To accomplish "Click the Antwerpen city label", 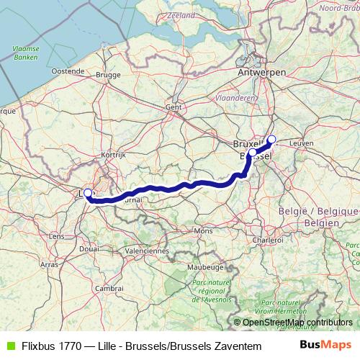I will coord(262,73).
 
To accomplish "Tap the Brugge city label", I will coord(107,74).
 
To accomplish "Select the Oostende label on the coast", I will coord(69,71).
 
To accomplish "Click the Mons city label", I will coord(203,230).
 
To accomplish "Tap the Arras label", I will coord(50,265).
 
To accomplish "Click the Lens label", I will coord(56,236).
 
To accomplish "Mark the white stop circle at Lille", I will coord(88,193).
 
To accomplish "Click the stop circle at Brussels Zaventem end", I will coord(271,139).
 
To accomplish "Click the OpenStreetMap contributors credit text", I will coord(297,322).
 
